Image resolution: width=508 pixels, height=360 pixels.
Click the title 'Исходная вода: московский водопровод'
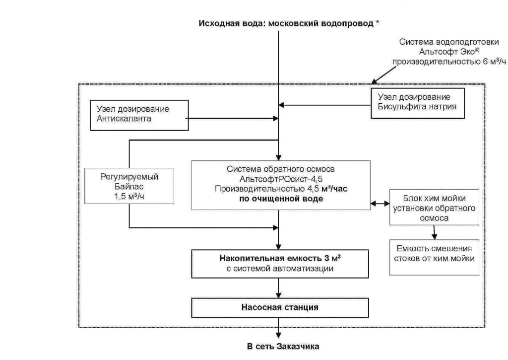(286, 23)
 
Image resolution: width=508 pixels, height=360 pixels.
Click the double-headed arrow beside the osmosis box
(380, 204)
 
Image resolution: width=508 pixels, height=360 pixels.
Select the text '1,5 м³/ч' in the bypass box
(129, 196)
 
